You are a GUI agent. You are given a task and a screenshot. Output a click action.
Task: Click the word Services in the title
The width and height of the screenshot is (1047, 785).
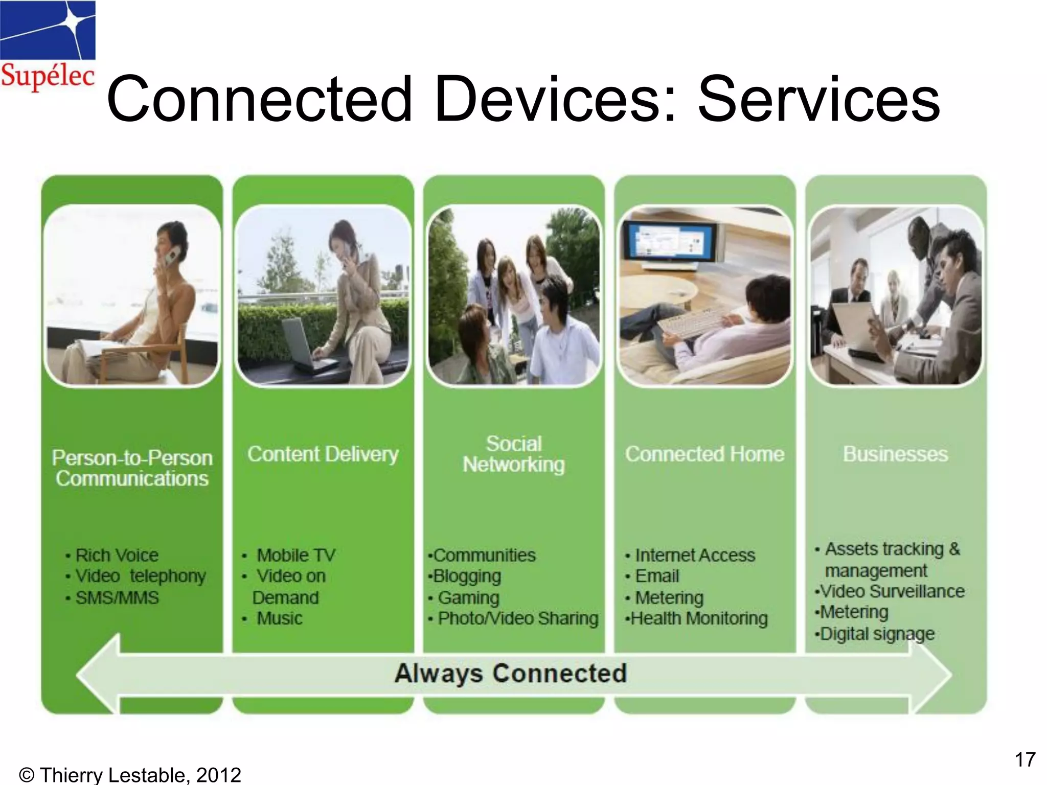point(818,100)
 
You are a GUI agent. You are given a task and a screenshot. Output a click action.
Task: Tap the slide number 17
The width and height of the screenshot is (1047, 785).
point(1025,760)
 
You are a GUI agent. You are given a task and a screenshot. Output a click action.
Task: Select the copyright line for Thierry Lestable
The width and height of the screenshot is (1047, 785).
point(129,775)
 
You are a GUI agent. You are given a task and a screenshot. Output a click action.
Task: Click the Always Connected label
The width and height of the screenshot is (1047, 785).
point(510,673)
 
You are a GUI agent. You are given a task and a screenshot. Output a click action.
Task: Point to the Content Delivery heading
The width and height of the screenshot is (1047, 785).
point(323,454)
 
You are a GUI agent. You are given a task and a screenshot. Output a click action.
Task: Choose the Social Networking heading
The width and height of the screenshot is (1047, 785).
point(513,454)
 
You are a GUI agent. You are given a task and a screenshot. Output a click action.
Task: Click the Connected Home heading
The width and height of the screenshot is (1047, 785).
point(704,454)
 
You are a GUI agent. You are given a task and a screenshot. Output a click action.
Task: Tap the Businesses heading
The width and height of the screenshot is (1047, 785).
point(895,454)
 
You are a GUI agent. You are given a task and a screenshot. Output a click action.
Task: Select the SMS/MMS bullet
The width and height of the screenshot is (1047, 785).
point(117,597)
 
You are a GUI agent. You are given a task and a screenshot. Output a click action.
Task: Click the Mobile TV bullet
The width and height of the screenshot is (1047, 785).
point(295,555)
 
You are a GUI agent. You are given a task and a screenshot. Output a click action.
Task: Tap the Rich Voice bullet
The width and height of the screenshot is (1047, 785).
point(117,555)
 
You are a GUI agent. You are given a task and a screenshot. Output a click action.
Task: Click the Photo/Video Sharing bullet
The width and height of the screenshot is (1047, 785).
point(517,618)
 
